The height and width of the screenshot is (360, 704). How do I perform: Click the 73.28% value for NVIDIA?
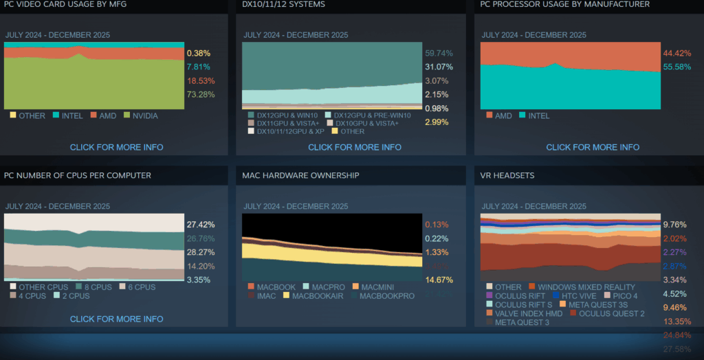[x=199, y=94]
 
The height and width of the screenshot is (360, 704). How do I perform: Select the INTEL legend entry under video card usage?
[x=72, y=115]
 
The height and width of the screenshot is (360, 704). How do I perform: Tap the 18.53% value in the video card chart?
[x=199, y=80]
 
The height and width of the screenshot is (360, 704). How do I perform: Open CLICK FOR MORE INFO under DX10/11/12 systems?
[x=355, y=147]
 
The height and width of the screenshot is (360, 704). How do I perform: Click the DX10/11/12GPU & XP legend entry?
[x=291, y=131]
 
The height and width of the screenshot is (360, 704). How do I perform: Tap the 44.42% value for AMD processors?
[x=676, y=53]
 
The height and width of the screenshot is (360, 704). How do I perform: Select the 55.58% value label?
[x=676, y=67]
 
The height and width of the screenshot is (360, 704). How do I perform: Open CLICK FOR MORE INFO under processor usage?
[x=593, y=147]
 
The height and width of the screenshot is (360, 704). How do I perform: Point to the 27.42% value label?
[x=200, y=225]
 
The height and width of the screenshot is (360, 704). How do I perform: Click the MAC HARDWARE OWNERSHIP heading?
[x=300, y=175]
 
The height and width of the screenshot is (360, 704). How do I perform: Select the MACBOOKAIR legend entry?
[x=317, y=296]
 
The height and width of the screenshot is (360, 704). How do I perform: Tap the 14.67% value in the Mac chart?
[x=439, y=280]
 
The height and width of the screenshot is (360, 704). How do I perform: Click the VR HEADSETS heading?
[x=507, y=175]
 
